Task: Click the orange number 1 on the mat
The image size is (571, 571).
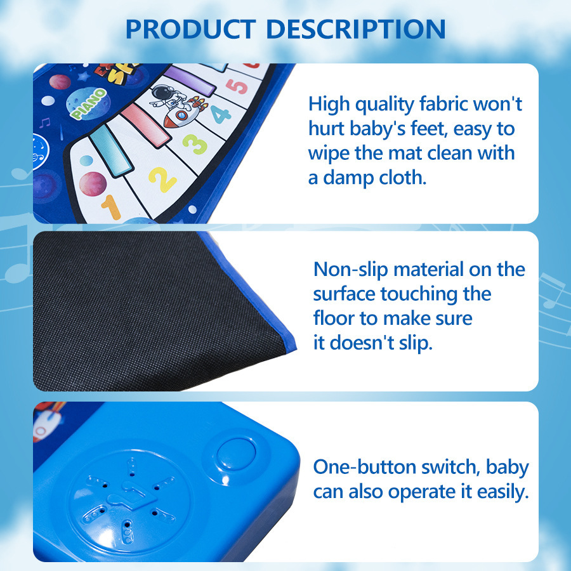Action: [x=111, y=207]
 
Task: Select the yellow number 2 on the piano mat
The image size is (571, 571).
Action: [x=162, y=178]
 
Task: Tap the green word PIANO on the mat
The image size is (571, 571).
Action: [x=89, y=103]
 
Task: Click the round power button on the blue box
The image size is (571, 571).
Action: [x=235, y=452]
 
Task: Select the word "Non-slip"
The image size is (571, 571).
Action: [x=351, y=269]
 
